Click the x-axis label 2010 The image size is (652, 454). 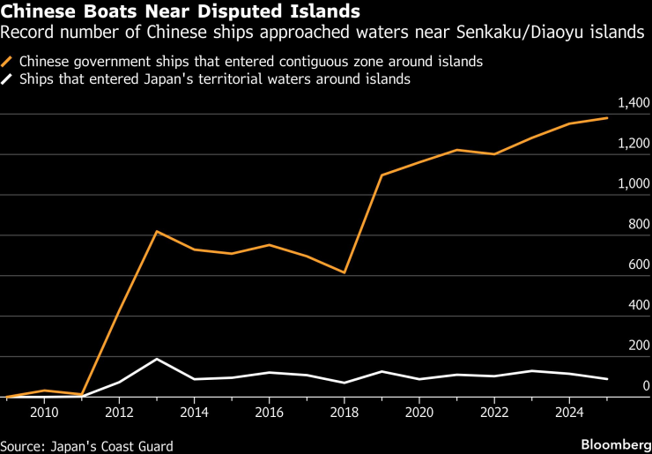pos(45,412)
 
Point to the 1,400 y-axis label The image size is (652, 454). pos(633,104)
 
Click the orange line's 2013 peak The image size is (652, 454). pos(156,231)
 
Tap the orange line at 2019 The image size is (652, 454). pos(381,175)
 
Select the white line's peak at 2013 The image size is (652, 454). pos(156,359)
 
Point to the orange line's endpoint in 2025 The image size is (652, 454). pos(607,118)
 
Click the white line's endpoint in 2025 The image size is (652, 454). pos(607,379)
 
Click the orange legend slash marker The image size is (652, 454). pos(9,63)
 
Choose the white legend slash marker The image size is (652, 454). pos(9,79)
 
